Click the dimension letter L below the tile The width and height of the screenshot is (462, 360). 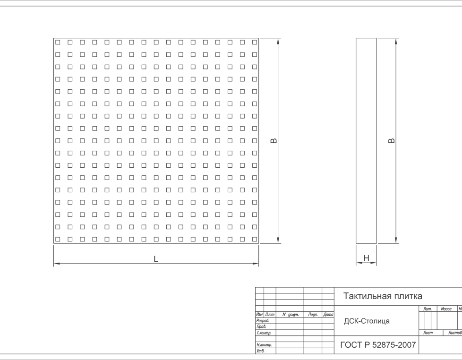[156, 259]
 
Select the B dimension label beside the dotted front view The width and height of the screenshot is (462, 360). [273, 141]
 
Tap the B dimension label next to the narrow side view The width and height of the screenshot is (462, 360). [391, 141]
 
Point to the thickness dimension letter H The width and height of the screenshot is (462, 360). [366, 258]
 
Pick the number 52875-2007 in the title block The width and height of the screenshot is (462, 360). [394, 345]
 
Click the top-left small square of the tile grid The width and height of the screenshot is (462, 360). [58, 42]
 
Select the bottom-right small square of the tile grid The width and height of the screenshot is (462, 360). [255, 240]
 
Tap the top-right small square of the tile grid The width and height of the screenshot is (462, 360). [255, 42]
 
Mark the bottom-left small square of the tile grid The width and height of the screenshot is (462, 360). [58, 240]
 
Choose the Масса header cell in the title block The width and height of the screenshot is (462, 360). [446, 309]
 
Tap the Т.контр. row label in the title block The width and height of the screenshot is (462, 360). [264, 333]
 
